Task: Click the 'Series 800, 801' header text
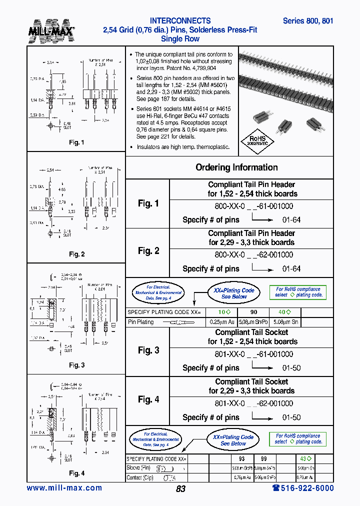point(307,21)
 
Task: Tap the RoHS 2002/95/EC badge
point(258,139)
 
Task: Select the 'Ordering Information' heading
point(236,167)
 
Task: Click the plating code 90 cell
point(254,312)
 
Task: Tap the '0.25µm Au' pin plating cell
point(221,322)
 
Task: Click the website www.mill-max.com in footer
point(64,488)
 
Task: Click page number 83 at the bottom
point(180,489)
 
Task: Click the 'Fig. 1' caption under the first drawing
point(76,142)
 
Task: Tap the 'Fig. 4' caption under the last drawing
point(76,473)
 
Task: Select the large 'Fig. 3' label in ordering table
point(148,350)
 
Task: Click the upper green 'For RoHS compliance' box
point(298,292)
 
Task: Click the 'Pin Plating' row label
point(141,322)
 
